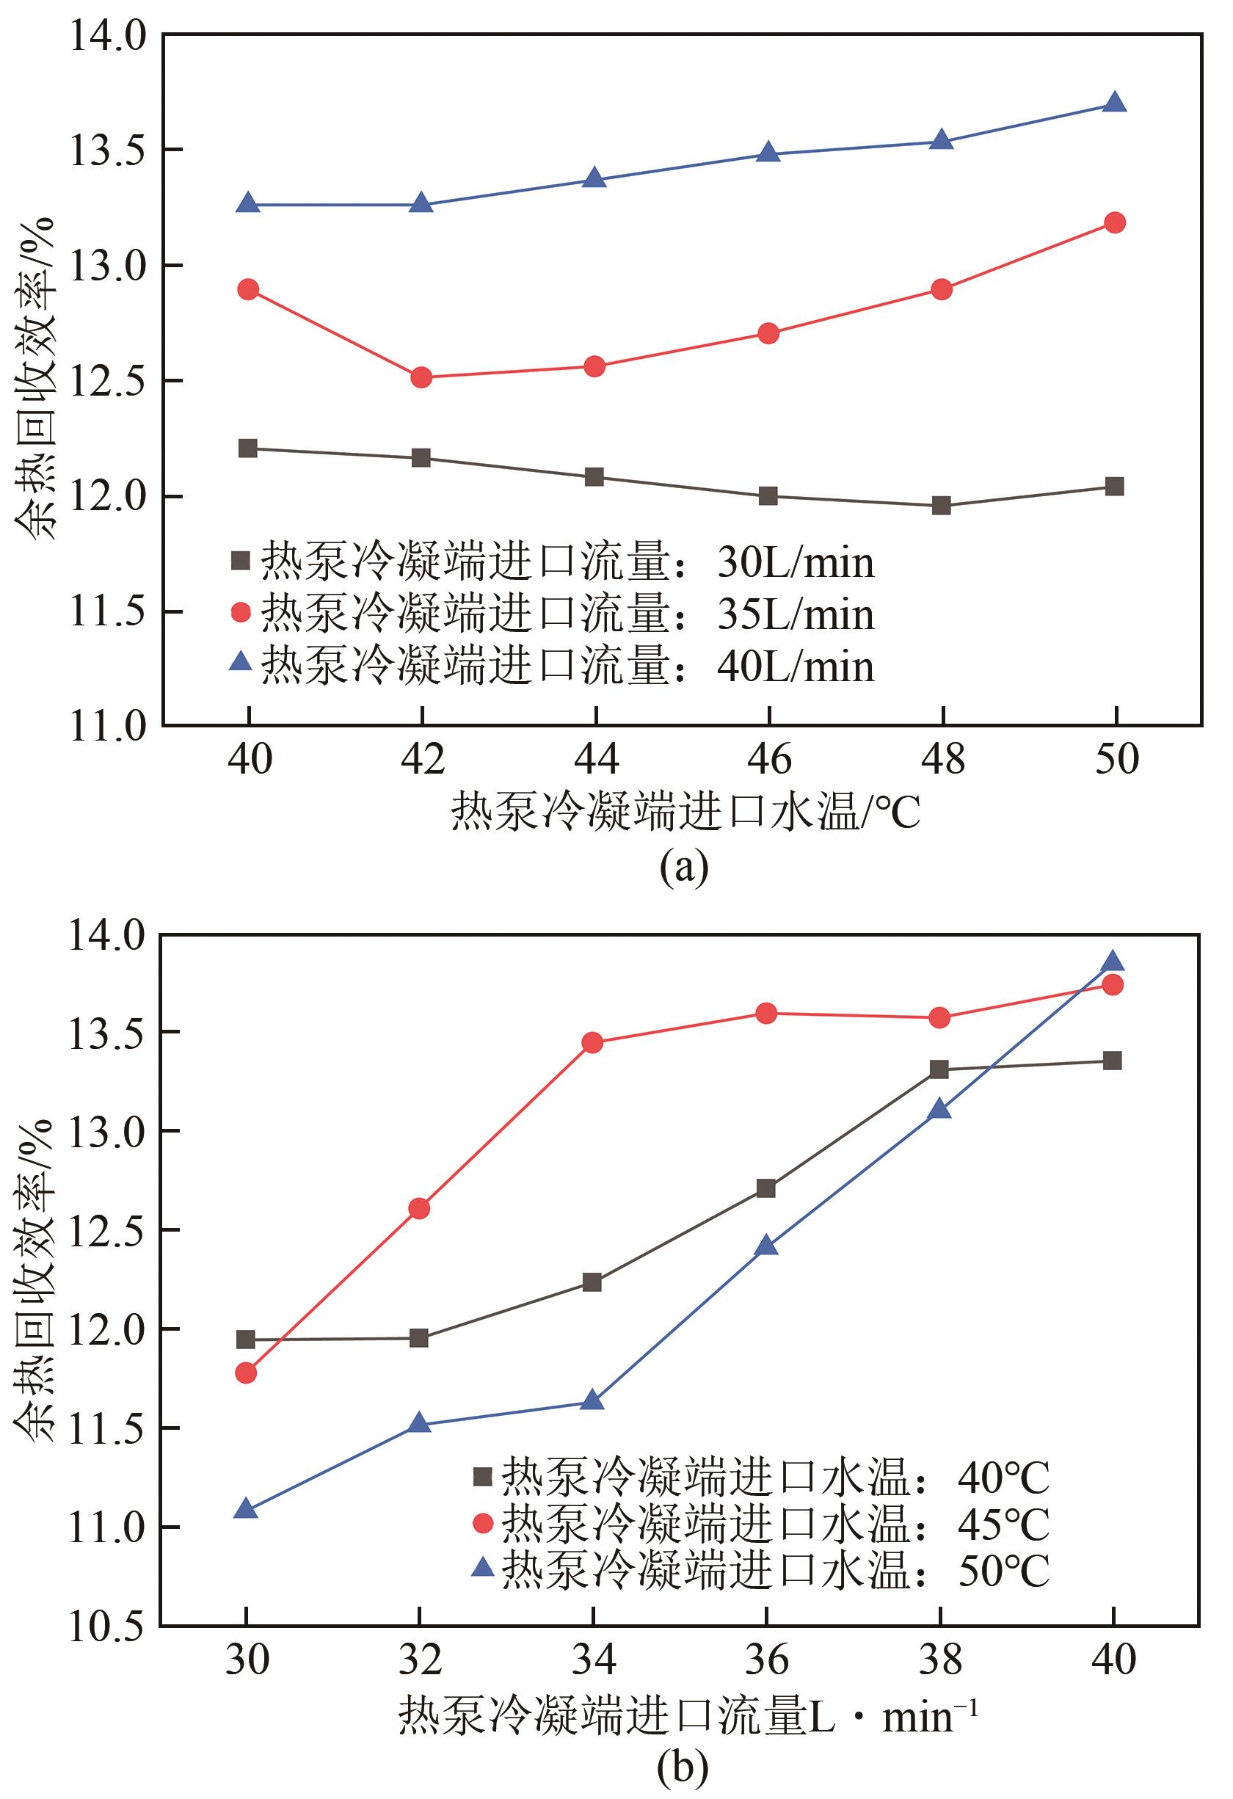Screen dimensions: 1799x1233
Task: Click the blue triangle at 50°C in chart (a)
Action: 1115,102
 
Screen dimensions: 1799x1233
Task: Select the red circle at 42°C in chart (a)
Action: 421,378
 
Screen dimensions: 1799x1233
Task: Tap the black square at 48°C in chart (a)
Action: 941,506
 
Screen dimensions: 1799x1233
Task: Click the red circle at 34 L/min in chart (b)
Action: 592,1043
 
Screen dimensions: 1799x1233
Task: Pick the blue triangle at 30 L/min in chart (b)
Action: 246,1509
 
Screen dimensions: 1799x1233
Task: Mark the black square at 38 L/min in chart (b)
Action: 939,1070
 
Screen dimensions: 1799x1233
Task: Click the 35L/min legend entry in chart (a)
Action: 553,614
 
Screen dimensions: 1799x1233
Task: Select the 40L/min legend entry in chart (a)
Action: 553,666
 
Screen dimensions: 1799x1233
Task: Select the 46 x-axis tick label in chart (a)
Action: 768,760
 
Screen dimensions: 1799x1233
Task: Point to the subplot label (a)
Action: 683,868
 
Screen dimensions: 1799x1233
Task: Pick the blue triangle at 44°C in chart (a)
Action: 594,178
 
